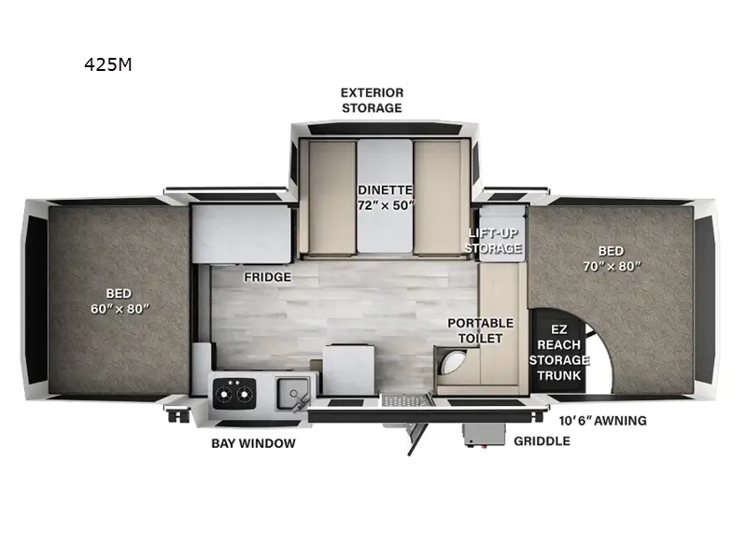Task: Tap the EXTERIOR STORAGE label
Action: tap(372, 100)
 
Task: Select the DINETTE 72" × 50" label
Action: tap(385, 197)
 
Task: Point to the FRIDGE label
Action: tap(268, 277)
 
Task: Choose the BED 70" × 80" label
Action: tap(613, 258)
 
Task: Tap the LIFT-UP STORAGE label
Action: tap(493, 241)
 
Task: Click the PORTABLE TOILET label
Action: tap(480, 330)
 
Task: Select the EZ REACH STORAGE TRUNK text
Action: tap(559, 352)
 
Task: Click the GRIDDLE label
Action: tap(542, 441)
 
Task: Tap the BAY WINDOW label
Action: tap(254, 442)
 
